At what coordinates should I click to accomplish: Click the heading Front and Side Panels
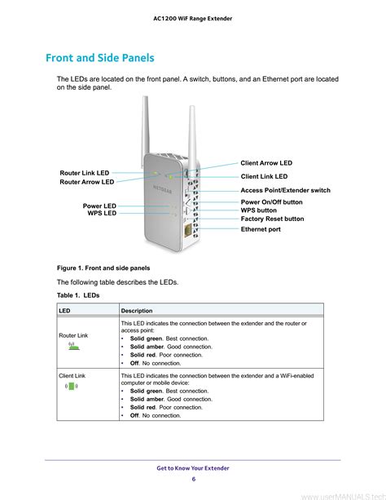pyautogui.click(x=100, y=58)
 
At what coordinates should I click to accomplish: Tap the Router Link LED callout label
pyautogui.click(x=85, y=173)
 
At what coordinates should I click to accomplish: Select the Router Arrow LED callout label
pyautogui.click(x=87, y=182)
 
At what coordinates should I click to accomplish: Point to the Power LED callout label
pyautogui.click(x=99, y=206)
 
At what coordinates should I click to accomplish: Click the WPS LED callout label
pyautogui.click(x=102, y=213)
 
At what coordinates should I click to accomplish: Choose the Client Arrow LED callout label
pyautogui.click(x=266, y=163)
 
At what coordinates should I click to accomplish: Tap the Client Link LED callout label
pyautogui.click(x=264, y=176)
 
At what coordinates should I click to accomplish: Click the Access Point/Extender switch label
pyautogui.click(x=285, y=190)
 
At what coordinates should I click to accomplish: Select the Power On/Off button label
pyautogui.click(x=272, y=201)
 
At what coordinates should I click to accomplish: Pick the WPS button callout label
pyautogui.click(x=259, y=210)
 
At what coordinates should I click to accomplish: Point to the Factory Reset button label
pyautogui.click(x=272, y=219)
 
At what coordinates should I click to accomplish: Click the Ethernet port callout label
pyautogui.click(x=261, y=229)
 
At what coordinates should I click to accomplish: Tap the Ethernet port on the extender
pyautogui.click(x=187, y=230)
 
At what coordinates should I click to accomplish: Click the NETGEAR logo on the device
pyautogui.click(x=162, y=188)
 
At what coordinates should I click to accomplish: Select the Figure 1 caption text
pyautogui.click(x=103, y=268)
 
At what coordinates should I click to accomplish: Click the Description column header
pyautogui.click(x=137, y=311)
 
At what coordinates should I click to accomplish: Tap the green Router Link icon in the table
pyautogui.click(x=73, y=346)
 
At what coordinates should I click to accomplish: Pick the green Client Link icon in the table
pyautogui.click(x=72, y=386)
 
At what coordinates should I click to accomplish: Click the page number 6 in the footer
pyautogui.click(x=193, y=479)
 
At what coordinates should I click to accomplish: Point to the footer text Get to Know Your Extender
pyautogui.click(x=193, y=468)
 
